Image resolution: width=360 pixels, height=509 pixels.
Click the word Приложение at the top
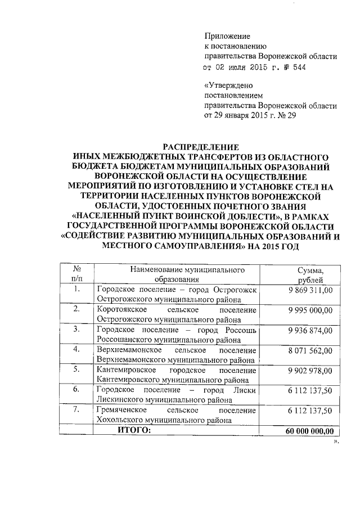[227, 36]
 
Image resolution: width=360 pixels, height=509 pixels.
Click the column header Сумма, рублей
[310, 274]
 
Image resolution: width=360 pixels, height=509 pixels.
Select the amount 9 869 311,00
[310, 290]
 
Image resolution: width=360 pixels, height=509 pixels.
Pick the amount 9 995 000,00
[310, 310]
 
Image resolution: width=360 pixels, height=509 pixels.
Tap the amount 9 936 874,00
[310, 330]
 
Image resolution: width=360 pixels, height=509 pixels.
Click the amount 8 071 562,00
[310, 350]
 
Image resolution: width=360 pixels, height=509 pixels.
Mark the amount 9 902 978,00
[310, 370]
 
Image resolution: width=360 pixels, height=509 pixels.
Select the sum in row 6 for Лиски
[310, 390]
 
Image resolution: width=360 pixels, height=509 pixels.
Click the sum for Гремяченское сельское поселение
[310, 411]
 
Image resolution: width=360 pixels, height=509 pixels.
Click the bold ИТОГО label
[134, 430]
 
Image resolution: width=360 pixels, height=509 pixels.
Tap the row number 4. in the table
[77, 350]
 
